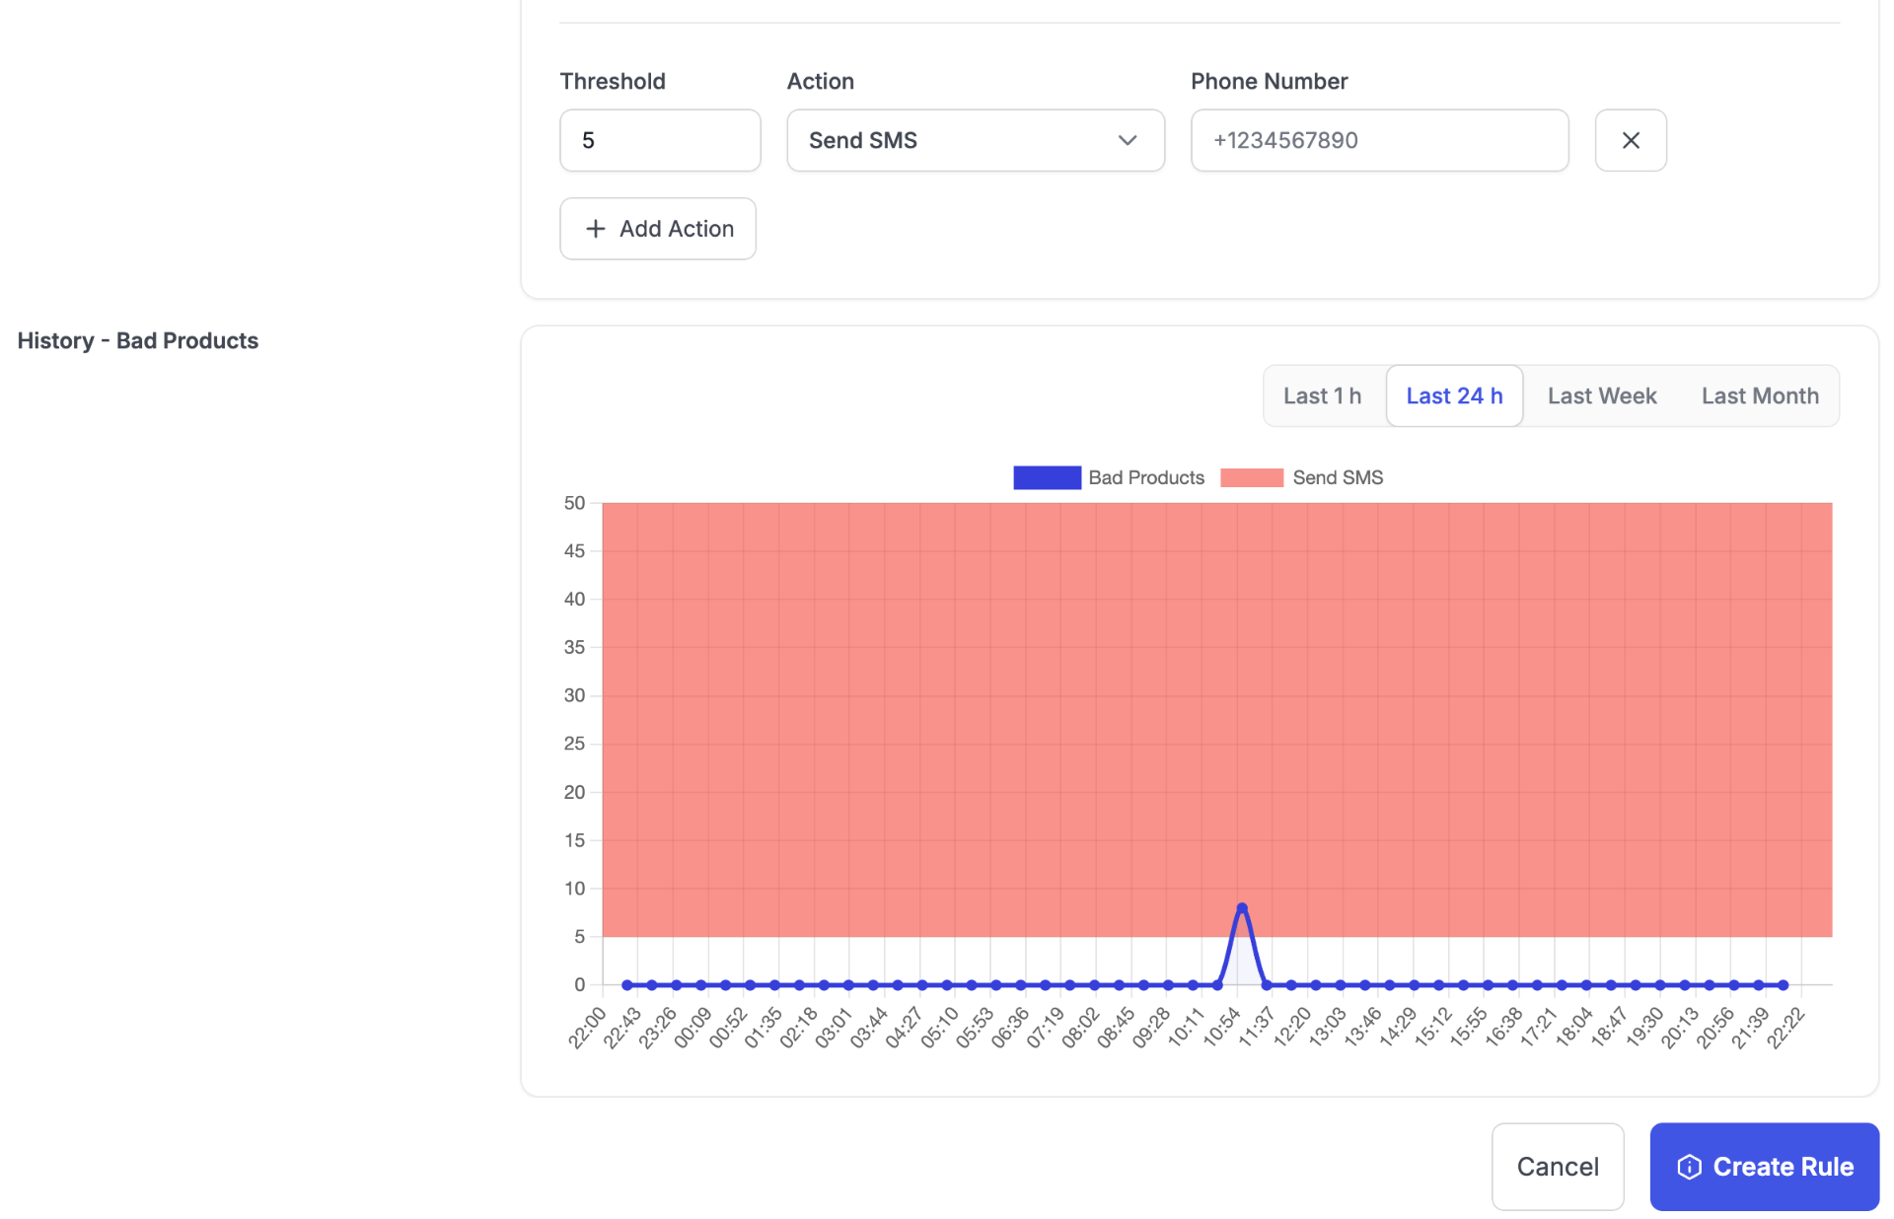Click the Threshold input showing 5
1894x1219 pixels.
(x=660, y=140)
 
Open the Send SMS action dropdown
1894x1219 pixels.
(x=976, y=140)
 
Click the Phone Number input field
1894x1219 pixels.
(x=1379, y=140)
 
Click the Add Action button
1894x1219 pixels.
(x=658, y=229)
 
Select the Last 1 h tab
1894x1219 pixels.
(x=1322, y=395)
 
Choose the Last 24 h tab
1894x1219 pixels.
(x=1454, y=395)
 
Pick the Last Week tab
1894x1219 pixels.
(x=1602, y=395)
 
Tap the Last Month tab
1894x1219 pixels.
(x=1760, y=395)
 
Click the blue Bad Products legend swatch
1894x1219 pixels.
(x=1047, y=477)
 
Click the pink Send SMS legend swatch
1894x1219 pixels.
(x=1252, y=477)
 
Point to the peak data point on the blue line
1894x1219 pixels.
(x=1242, y=907)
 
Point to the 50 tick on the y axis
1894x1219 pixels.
(x=574, y=503)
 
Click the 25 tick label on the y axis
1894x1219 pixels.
(x=574, y=744)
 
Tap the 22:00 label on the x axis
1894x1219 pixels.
(x=587, y=1028)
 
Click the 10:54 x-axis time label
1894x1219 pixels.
(x=1221, y=1028)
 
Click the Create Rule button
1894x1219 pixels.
(x=1764, y=1167)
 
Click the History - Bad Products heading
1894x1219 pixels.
(x=138, y=340)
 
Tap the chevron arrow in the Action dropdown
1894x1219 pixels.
(x=1128, y=140)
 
